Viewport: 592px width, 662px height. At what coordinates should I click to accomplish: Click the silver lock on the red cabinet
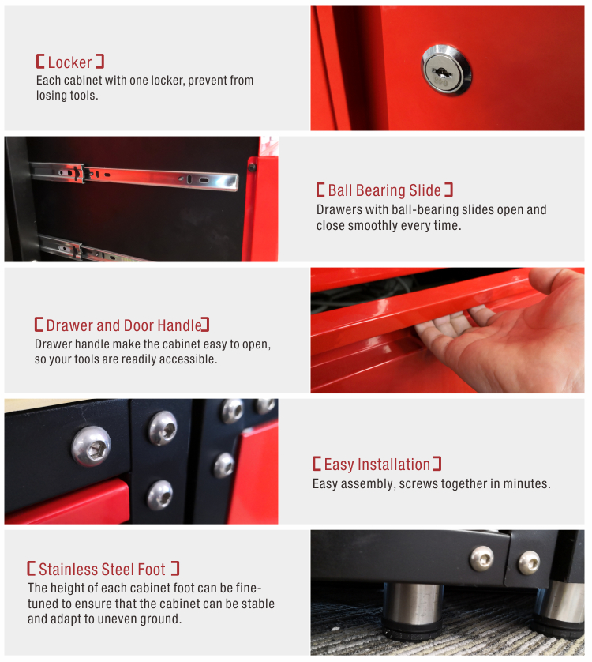click(x=446, y=70)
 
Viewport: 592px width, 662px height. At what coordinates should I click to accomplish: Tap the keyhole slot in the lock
click(x=442, y=73)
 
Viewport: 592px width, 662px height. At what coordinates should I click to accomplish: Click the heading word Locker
click(x=69, y=62)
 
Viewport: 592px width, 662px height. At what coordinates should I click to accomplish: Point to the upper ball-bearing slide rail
click(x=134, y=175)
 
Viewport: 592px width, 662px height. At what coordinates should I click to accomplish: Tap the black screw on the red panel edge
click(x=252, y=167)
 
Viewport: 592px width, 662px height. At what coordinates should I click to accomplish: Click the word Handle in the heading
click(x=179, y=325)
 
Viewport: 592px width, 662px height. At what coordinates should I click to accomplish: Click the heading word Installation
click(x=394, y=465)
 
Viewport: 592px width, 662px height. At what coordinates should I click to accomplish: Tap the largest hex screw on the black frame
click(x=91, y=446)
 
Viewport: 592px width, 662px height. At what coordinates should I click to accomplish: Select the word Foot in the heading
click(x=152, y=569)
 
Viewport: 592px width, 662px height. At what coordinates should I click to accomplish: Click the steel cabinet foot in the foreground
click(x=413, y=608)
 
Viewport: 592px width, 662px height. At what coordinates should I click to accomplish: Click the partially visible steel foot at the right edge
click(x=560, y=606)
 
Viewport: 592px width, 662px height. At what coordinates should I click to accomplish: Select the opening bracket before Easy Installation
click(x=317, y=464)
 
